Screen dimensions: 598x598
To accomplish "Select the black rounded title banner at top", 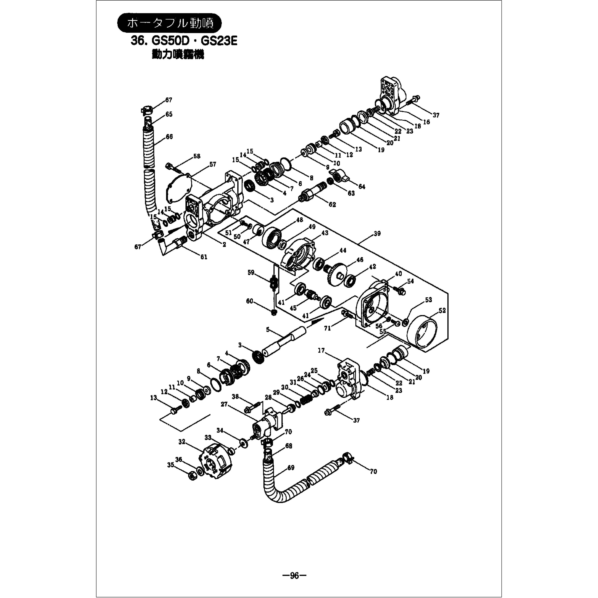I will coord(170,23).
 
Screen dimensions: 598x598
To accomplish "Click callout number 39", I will coord(377,234).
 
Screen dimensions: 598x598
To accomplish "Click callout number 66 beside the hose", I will coord(169,137).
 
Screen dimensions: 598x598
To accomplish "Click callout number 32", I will coord(182,442).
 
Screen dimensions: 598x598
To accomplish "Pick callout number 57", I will coord(213,164).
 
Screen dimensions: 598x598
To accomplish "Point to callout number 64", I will coord(362,187).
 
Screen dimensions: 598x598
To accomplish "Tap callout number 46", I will coord(359,260).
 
